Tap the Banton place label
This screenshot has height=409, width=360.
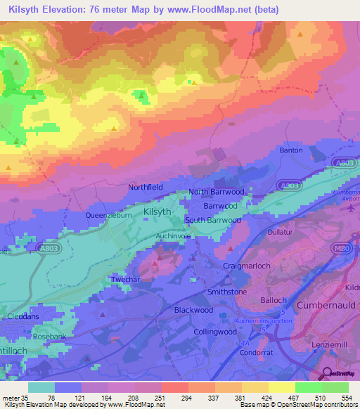pos(290,150)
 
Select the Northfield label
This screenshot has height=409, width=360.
pos(146,188)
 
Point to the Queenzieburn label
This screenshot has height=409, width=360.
pos(108,216)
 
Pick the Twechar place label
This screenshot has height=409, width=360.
pos(127,280)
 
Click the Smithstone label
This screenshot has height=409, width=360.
pos(226,292)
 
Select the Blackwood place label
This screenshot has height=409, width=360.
pos(193,310)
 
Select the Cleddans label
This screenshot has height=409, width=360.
pos(24,317)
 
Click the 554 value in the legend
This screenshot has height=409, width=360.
pos(345,398)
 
